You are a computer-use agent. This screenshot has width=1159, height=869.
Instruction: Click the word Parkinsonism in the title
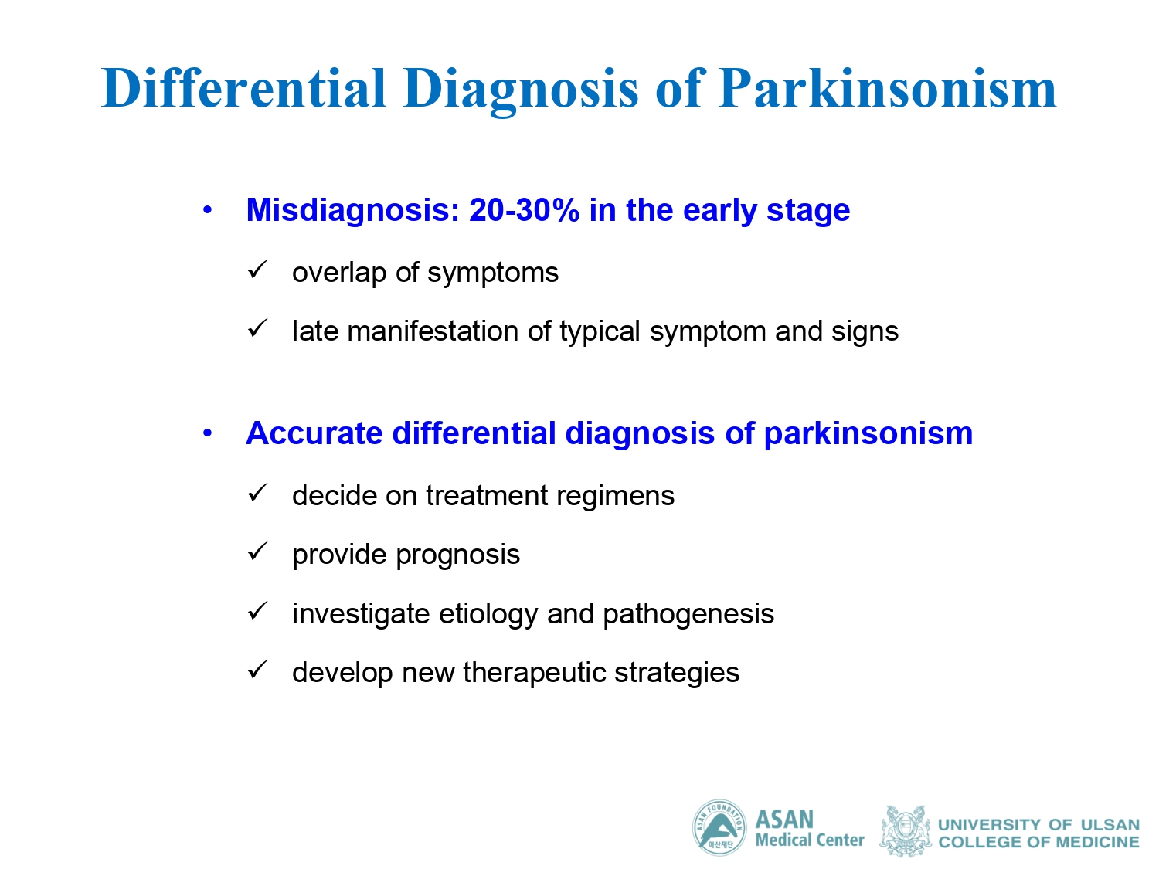pos(886,89)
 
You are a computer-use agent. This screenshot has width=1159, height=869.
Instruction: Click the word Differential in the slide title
pos(243,88)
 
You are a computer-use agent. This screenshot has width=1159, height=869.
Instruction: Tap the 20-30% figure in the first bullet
pos(524,209)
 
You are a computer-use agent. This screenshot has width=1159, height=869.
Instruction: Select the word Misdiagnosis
pos(353,211)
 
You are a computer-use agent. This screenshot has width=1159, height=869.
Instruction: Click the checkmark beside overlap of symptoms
pos(257,270)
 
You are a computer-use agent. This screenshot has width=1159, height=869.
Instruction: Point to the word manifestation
pos(433,331)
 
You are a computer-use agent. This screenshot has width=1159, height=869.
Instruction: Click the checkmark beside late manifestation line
pos(257,328)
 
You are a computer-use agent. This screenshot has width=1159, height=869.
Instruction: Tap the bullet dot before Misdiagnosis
pos(208,211)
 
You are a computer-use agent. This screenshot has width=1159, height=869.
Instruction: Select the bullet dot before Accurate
pos(208,433)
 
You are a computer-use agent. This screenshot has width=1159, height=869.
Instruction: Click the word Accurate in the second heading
pos(314,433)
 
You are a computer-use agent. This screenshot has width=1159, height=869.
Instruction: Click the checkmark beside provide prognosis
pos(257,552)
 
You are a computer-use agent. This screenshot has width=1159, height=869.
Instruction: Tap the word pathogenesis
pos(688,615)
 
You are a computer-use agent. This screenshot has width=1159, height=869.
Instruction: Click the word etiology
pos(488,615)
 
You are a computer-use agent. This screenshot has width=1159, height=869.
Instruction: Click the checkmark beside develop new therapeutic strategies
pos(257,670)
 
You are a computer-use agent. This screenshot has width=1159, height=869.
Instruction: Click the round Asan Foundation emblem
pos(719,827)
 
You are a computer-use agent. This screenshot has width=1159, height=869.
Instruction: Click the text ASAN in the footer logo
pos(784,820)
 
